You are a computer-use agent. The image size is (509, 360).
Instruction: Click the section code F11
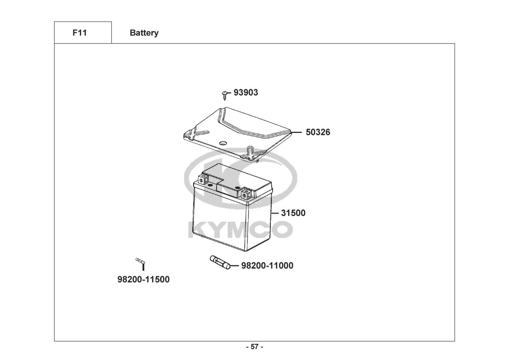[79, 33]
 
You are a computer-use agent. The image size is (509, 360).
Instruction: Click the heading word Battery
[144, 33]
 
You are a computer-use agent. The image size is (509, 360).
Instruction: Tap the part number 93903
[246, 93]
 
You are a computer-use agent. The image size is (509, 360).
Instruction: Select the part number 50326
[318, 132]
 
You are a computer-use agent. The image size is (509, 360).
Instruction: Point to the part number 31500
[293, 213]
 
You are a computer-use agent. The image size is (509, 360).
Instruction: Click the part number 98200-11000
[267, 266]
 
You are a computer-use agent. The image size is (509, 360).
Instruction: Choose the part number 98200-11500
[144, 279]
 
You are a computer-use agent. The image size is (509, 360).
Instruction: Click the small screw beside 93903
[225, 95]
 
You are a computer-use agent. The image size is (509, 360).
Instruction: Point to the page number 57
[254, 347]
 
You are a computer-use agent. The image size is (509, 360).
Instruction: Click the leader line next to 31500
[275, 213]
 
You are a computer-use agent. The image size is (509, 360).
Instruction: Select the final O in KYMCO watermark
[282, 229]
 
